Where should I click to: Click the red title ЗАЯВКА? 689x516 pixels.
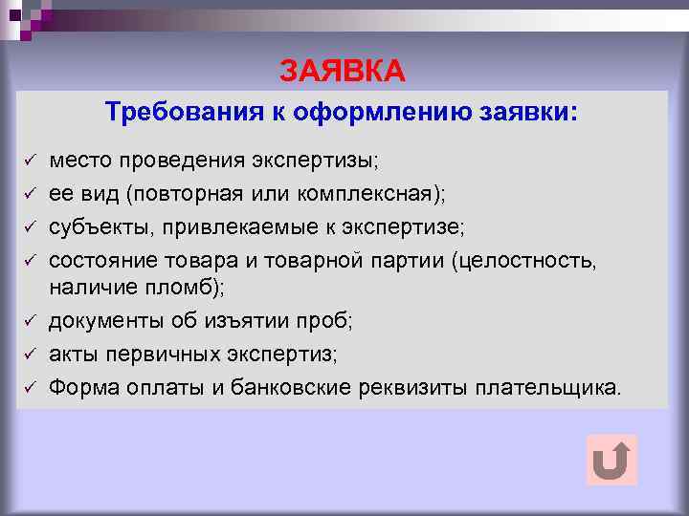pos(343,72)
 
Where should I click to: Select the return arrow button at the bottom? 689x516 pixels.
pos(611,460)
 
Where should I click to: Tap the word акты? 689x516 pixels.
pos(73,354)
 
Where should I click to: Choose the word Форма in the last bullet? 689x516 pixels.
pos(80,387)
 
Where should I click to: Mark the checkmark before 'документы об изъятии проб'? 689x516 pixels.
pos(30,320)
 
